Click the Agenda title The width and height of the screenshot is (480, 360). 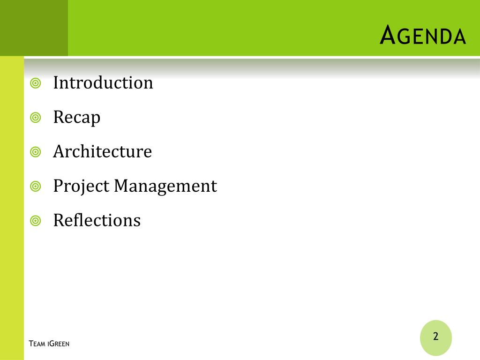[423, 35]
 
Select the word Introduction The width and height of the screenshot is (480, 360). [103, 82]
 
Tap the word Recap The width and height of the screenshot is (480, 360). [77, 118]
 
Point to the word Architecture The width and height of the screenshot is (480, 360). [103, 151]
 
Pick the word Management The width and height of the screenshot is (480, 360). [165, 186]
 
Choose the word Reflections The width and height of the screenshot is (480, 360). [97, 220]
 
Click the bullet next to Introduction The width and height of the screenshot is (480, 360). [36, 83]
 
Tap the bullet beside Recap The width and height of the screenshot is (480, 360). [36, 118]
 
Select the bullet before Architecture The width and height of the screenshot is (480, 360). [36, 152]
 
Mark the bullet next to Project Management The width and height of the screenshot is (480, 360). [36, 186]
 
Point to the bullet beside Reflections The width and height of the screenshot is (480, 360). [36, 220]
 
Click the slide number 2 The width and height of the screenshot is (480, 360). [436, 336]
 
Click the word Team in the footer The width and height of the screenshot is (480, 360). [37, 344]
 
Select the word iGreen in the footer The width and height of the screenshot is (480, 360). [59, 344]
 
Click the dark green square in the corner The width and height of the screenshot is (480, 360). [34, 28]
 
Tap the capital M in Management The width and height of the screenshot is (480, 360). [122, 186]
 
